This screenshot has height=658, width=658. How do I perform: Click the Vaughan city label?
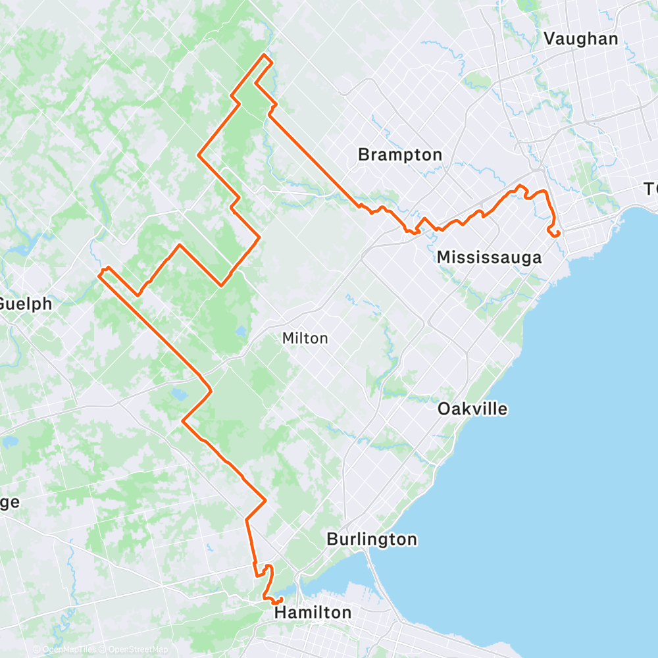coord(581,39)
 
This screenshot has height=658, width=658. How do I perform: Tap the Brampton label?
coord(400,155)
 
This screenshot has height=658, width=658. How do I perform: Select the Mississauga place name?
coord(489,257)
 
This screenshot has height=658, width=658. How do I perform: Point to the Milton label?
coord(305,338)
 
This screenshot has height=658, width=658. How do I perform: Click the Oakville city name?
coord(472,409)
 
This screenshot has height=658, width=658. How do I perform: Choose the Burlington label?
coord(372,540)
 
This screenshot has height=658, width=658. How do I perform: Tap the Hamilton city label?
coord(313,613)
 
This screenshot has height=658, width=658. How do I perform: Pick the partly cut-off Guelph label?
coord(25,304)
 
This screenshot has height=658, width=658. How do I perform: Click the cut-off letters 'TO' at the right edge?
coord(651,190)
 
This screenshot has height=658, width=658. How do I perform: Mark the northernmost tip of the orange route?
coord(265,54)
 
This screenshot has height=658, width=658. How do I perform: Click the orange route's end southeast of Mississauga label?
coord(558,234)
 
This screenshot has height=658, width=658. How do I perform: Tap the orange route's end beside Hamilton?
coord(281,598)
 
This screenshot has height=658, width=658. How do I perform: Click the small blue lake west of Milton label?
coord(241,330)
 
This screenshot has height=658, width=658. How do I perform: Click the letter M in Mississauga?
coord(443,257)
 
